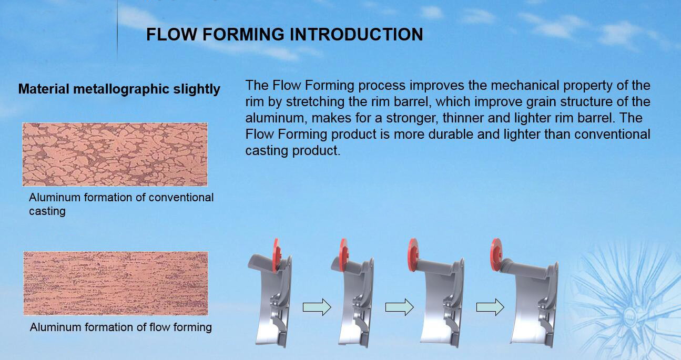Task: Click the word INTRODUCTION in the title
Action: point(356,34)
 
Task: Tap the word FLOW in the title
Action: point(172,34)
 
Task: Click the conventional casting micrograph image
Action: point(115,155)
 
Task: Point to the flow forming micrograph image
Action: point(116,283)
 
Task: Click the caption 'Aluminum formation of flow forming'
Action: point(121,327)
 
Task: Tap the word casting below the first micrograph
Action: point(47,211)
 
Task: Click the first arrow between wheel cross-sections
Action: point(317,307)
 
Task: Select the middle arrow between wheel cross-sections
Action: point(400,307)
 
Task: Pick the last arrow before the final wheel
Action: point(490,307)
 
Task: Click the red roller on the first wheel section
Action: point(277,255)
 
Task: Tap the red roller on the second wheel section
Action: point(344,254)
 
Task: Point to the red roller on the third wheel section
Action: point(413,254)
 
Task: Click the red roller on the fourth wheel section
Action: point(496,254)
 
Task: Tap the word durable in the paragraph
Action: point(451,135)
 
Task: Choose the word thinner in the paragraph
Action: point(463,118)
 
